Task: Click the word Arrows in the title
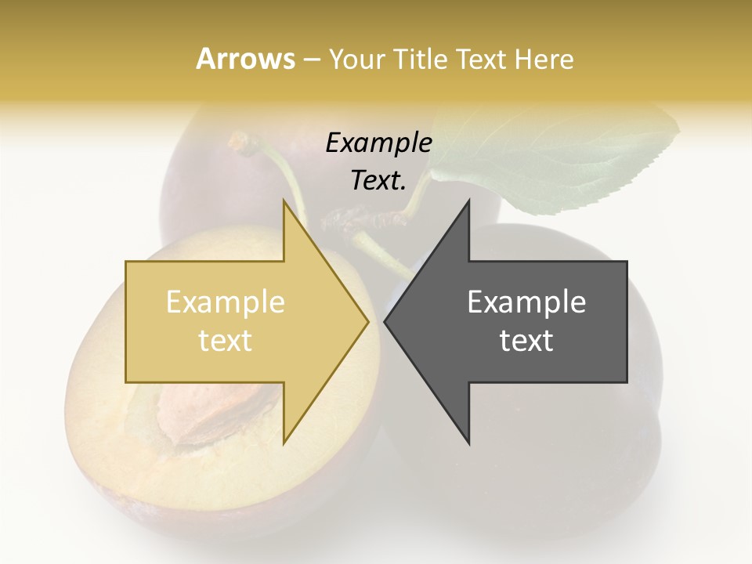pos(245,59)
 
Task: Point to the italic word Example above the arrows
pos(378,143)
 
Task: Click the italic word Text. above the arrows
pos(378,180)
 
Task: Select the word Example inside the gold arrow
pos(225,302)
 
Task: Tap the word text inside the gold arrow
pos(225,340)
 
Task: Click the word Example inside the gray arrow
pos(526,302)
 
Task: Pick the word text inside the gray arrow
pos(526,340)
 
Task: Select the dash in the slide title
pos(311,60)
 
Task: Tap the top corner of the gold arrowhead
pos(284,201)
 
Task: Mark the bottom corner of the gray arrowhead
pos(468,443)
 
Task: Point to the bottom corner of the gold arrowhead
pos(284,443)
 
